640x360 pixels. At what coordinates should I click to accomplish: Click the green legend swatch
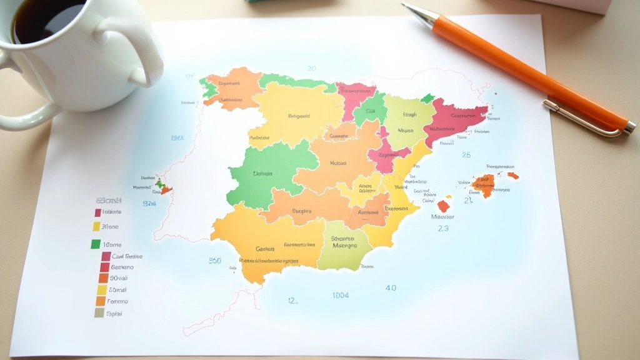[x=96, y=244]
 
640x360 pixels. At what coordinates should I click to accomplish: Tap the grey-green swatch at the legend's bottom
[x=99, y=312]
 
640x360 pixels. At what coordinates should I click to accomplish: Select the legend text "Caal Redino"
[x=127, y=256]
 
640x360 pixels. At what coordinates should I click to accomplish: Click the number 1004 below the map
[x=341, y=295]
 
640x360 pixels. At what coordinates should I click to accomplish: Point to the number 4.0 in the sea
[x=391, y=288]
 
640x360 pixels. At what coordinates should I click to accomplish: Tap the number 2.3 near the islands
[x=443, y=229]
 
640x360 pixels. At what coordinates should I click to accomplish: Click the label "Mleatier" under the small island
[x=442, y=217]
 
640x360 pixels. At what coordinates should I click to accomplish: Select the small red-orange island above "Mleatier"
[x=444, y=205]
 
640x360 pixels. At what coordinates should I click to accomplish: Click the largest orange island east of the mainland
[x=483, y=184]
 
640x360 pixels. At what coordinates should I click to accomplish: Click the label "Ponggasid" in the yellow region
[x=299, y=116]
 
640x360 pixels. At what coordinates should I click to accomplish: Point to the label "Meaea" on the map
[x=405, y=131]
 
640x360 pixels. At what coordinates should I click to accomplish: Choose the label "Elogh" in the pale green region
[x=409, y=115]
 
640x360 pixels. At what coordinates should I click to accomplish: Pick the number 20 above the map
[x=311, y=68]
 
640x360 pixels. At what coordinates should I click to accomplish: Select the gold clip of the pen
[x=581, y=119]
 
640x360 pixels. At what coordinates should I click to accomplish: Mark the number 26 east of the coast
[x=466, y=155]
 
